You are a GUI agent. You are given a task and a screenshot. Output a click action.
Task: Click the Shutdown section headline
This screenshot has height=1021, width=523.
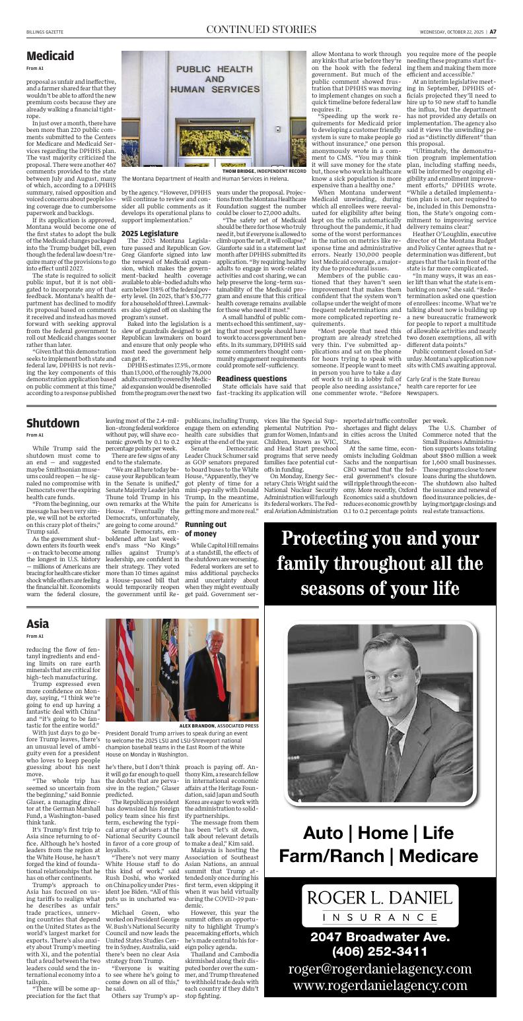[x=53, y=423]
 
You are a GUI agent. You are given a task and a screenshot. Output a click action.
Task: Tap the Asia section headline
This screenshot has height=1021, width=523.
[x=38, y=623]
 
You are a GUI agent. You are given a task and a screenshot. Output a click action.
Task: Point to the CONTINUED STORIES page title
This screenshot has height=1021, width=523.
[x=261, y=30]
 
